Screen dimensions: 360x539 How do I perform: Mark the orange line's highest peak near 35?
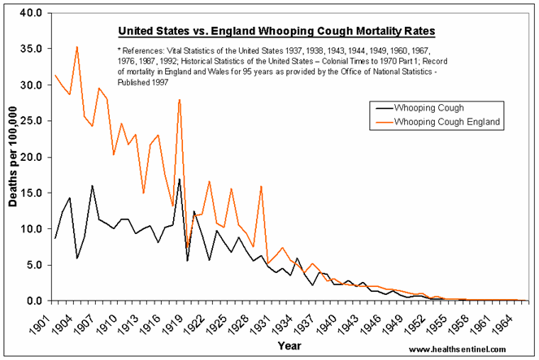(x=76, y=47)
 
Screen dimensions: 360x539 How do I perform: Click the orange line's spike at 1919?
(x=179, y=99)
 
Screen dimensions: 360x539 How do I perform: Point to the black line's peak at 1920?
(x=180, y=179)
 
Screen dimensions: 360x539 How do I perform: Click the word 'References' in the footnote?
(x=149, y=51)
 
